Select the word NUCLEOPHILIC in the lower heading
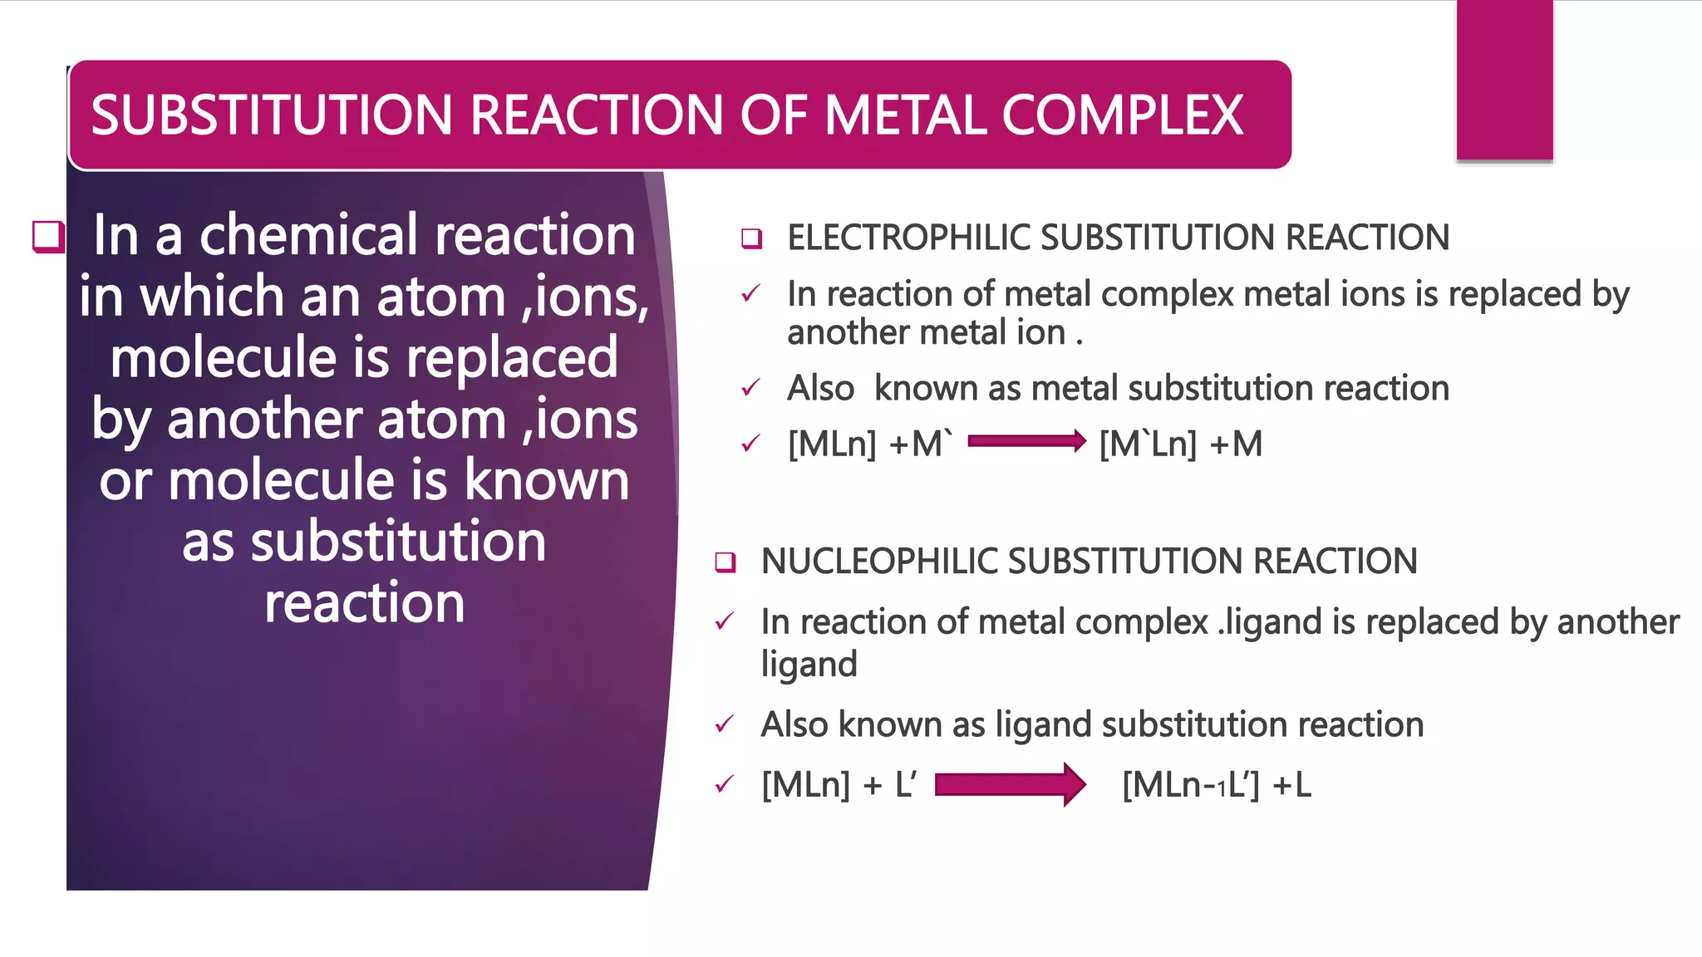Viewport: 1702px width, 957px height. [879, 562]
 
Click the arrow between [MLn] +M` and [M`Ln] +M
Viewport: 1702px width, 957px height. [1027, 441]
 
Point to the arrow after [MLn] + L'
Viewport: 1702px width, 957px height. [1011, 784]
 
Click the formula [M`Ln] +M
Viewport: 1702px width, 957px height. [1180, 444]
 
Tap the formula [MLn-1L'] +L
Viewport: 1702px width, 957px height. [1216, 785]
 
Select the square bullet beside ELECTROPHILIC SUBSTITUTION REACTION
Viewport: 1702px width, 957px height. [751, 238]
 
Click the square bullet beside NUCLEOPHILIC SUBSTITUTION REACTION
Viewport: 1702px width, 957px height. [725, 562]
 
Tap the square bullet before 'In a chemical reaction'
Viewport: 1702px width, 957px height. [48, 236]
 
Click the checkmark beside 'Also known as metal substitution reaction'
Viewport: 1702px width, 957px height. [750, 388]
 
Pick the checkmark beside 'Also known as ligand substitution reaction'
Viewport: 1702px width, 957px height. [724, 725]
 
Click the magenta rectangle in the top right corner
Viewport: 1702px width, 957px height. [1504, 80]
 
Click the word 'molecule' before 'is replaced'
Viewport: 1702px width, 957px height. [224, 358]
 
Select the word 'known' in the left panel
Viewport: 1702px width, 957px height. [546, 480]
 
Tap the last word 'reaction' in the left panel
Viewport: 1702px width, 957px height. [364, 603]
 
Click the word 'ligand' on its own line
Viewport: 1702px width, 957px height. [809, 665]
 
